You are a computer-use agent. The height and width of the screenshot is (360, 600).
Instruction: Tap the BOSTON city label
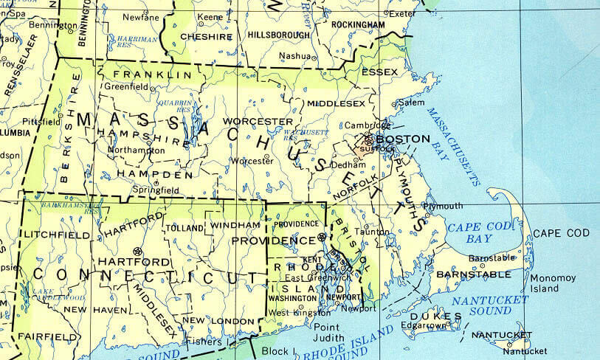tap(402, 139)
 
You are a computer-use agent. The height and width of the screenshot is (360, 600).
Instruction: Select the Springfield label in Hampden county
tap(156, 190)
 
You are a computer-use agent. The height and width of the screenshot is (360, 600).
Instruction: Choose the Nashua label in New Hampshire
tap(294, 56)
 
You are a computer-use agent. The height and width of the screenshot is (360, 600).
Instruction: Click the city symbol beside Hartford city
tap(136, 251)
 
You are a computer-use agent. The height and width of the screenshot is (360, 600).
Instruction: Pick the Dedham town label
tap(344, 165)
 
